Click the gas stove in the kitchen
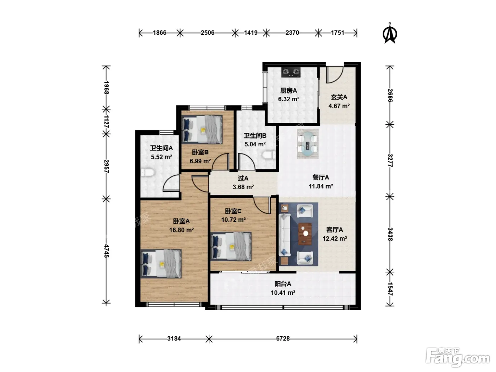pos(291,72)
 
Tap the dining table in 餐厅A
pos(308,143)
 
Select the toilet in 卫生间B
pos(269,155)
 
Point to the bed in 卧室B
pos(202,130)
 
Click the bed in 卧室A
pos(161,264)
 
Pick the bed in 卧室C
pos(231,246)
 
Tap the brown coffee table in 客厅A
pos(305,234)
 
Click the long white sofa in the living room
pos(285,235)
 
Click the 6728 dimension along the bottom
pos(283,339)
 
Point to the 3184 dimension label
pos(174,339)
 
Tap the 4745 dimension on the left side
pos(106,251)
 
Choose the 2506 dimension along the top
pos(208,33)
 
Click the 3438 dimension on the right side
pos(390,234)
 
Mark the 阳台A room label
pos(283,284)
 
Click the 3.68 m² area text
pos(243,187)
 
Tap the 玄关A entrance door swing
pos(335,75)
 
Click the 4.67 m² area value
pos(339,106)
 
